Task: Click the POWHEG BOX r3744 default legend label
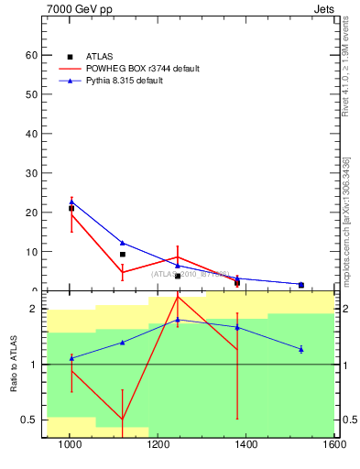tap(143, 69)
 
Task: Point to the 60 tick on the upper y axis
tap(31, 55)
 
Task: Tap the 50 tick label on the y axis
tap(31, 94)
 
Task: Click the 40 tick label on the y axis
tap(31, 134)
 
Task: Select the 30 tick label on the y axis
tap(31, 173)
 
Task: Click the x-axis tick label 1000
tap(70, 446)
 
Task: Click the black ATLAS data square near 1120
tap(123, 254)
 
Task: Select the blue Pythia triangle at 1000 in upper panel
tap(71, 202)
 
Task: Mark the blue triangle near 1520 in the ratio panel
tap(300, 349)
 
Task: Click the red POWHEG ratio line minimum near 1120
tap(123, 420)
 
